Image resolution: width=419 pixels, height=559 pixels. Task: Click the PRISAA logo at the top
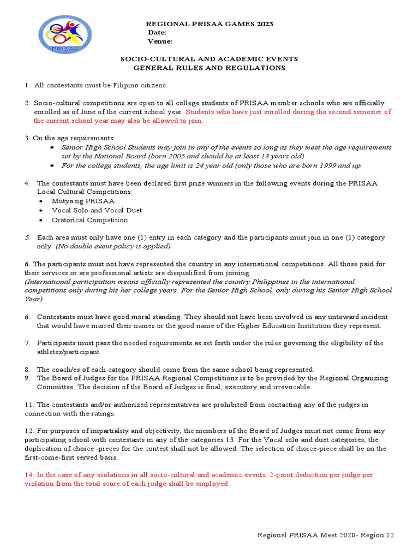pos(64,34)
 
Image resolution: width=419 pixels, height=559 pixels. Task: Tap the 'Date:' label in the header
pos(157,33)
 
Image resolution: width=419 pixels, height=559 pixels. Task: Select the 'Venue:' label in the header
pos(160,41)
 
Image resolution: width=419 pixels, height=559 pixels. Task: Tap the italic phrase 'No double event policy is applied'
pos(113,246)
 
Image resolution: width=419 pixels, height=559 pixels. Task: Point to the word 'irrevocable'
pos(291,387)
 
